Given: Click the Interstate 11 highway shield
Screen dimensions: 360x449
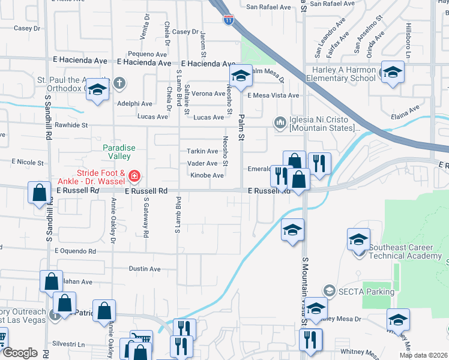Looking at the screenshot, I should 228,20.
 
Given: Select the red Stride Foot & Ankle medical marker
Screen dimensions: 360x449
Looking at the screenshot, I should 135,176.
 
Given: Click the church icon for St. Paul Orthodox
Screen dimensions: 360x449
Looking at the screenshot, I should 119,82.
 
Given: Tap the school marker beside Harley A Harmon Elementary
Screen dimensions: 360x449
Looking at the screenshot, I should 393,73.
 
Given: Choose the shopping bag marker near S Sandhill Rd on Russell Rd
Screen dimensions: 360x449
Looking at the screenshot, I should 39,193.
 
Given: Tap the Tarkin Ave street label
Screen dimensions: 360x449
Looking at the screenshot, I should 203,151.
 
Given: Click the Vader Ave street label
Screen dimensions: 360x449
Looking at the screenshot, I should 203,163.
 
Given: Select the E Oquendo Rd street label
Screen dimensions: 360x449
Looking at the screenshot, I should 75,251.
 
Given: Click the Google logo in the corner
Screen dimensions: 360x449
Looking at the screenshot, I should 20,353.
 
